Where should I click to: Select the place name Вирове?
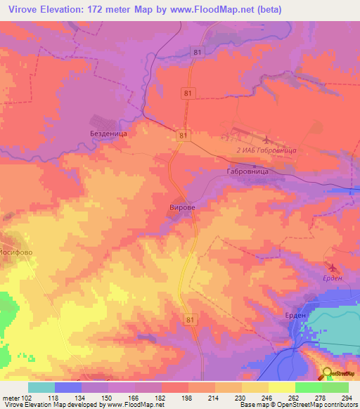click(181, 208)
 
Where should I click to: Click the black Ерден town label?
click(295, 316)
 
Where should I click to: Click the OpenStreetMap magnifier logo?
click(327, 372)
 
